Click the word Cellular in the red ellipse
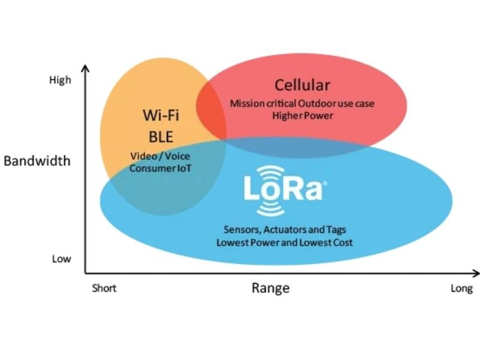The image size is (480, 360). pyautogui.click(x=302, y=85)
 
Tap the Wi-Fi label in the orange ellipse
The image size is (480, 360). pyautogui.click(x=161, y=115)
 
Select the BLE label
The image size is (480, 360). pyautogui.click(x=161, y=136)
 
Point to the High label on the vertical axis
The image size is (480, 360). pyautogui.click(x=60, y=80)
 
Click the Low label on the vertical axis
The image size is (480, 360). pyautogui.click(x=61, y=259)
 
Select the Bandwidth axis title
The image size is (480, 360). pyautogui.click(x=37, y=161)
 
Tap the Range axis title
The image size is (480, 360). pyautogui.click(x=270, y=288)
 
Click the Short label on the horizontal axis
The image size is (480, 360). pyautogui.click(x=104, y=289)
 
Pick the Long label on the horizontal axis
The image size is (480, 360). pyautogui.click(x=461, y=289)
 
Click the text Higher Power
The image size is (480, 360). pyautogui.click(x=302, y=115)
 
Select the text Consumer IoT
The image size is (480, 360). pyautogui.click(x=160, y=168)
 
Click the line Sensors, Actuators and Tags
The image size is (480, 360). pyautogui.click(x=284, y=230)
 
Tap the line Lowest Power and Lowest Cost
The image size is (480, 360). pyautogui.click(x=284, y=242)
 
